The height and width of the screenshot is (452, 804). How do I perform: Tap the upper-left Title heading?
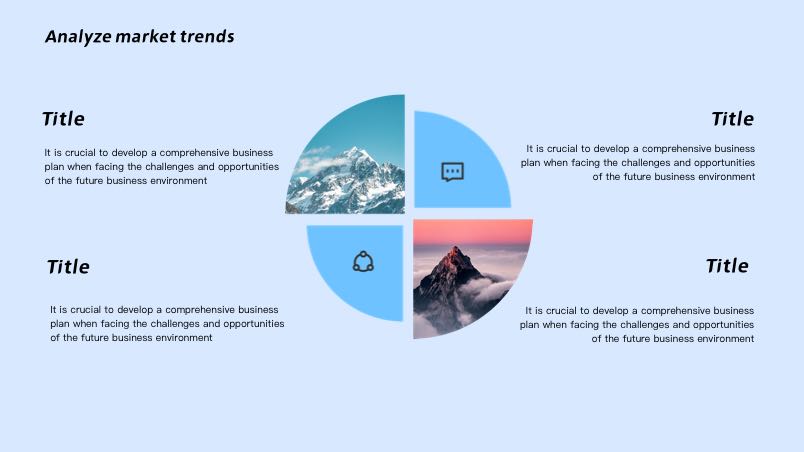point(63,119)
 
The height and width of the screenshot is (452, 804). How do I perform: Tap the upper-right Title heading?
point(733,119)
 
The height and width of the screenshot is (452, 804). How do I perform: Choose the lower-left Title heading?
point(68,267)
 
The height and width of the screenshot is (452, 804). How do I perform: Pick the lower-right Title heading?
point(727,266)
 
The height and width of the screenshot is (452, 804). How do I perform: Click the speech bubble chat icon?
point(453,172)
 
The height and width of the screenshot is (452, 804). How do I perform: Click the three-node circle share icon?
point(363,262)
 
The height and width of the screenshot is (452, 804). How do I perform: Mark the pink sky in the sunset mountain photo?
point(472,231)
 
